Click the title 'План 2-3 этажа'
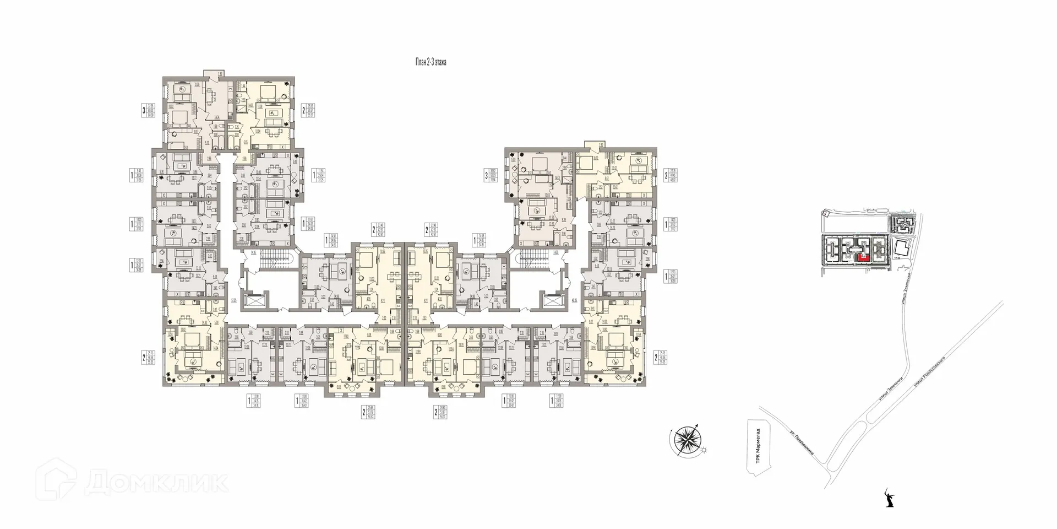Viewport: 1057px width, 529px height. [431, 63]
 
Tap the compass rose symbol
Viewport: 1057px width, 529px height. [685, 443]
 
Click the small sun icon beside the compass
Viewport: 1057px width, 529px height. [704, 451]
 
